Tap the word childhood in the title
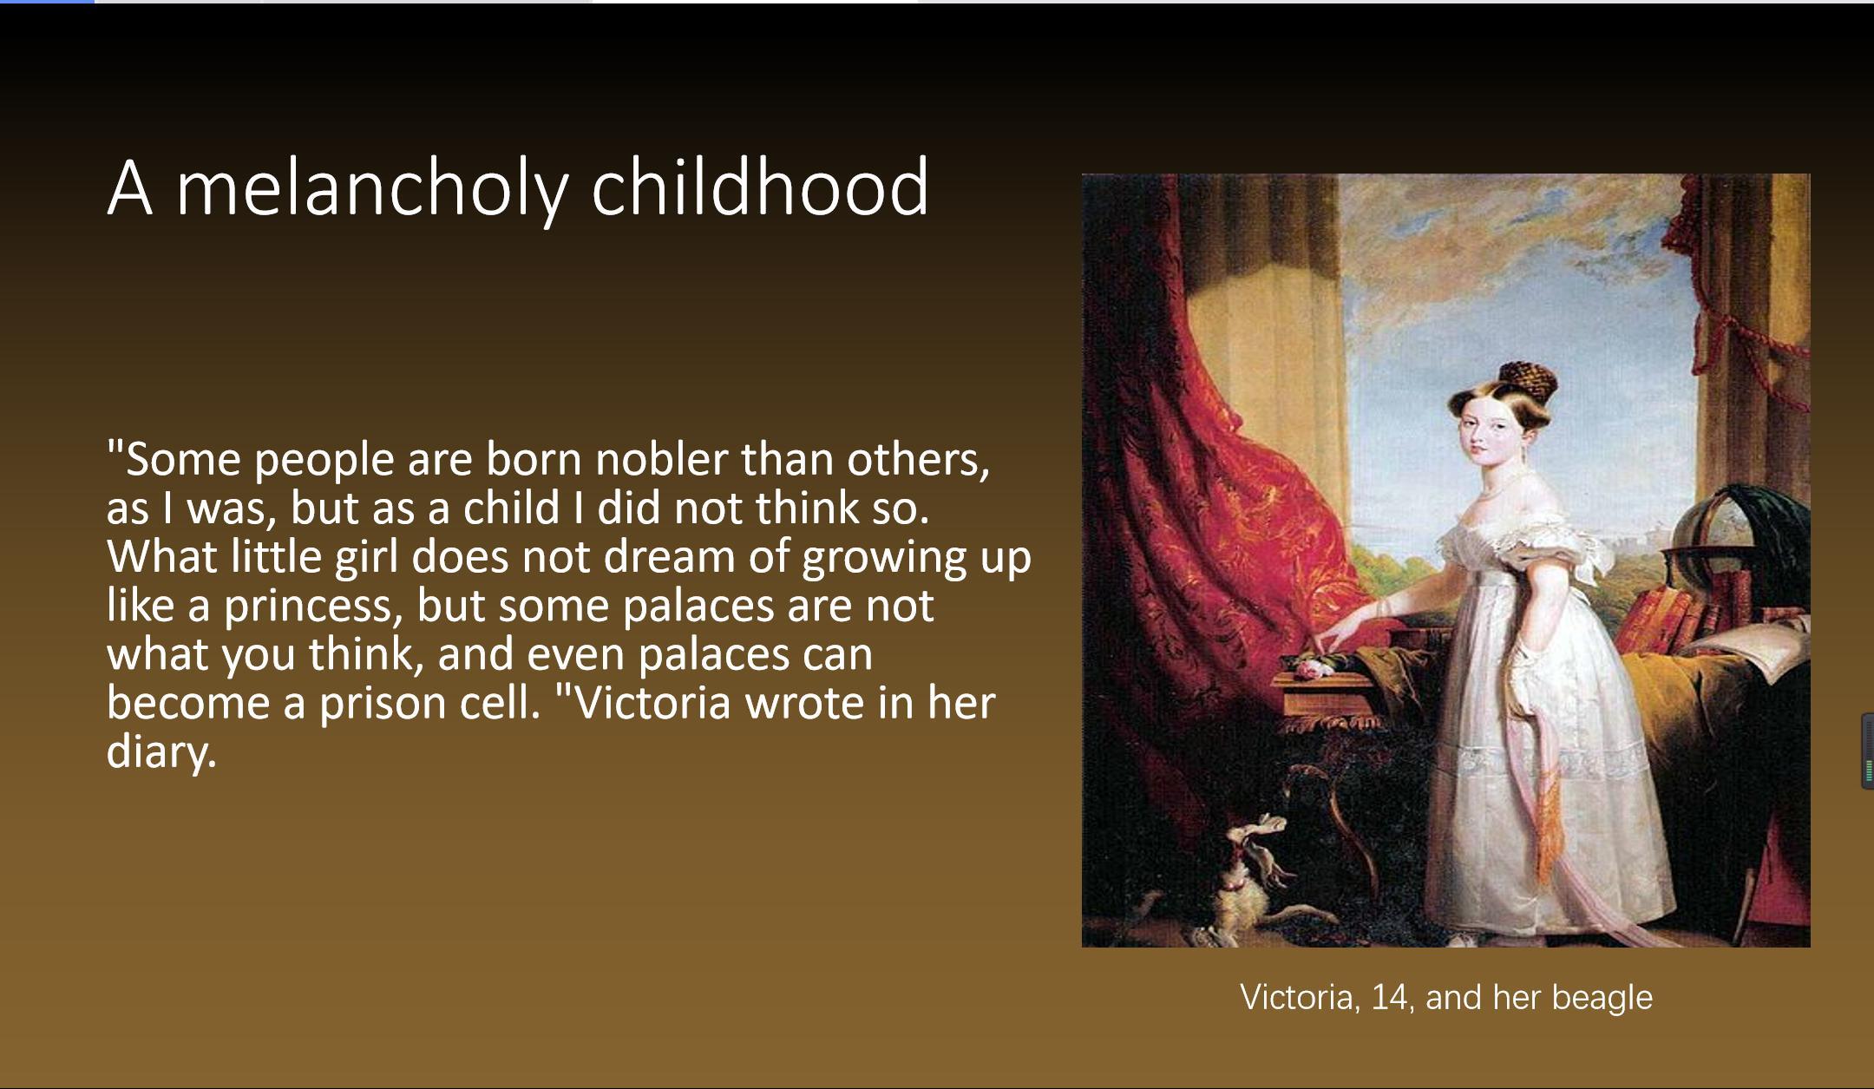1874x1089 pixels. (x=760, y=186)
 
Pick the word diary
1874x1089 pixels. (x=161, y=751)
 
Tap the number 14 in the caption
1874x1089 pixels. (x=1389, y=997)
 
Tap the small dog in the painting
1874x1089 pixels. (x=1254, y=876)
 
